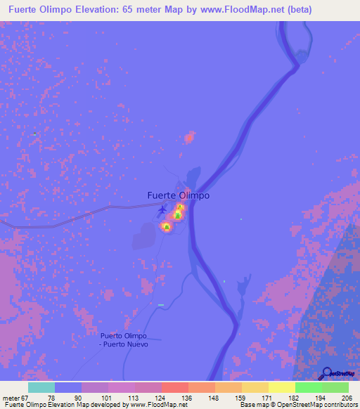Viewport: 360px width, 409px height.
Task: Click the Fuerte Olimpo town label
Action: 178,195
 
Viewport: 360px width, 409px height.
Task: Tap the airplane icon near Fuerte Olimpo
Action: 163,209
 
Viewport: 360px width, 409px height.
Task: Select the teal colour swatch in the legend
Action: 41,387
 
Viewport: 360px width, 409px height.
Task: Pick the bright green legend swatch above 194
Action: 308,387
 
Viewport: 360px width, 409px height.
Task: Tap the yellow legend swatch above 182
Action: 281,387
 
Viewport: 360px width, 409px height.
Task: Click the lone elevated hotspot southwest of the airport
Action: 166,226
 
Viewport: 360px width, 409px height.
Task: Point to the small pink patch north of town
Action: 188,137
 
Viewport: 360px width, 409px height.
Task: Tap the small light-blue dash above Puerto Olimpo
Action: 161,305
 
